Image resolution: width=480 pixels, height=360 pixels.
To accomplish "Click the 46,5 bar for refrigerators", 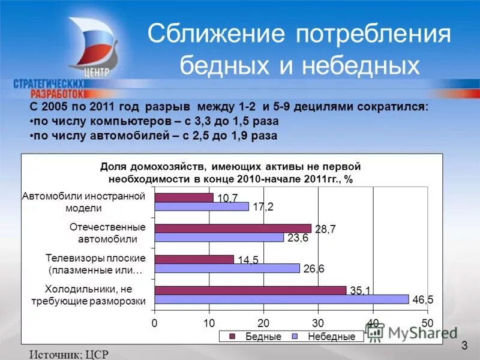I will [x=281, y=299].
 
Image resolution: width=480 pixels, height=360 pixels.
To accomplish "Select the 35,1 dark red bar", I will [x=250, y=290].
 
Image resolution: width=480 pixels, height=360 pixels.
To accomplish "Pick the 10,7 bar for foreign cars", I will [x=184, y=197].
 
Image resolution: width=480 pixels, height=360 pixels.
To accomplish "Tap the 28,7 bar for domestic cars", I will [x=233, y=228].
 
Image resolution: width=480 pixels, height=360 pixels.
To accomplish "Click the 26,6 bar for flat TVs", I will [x=227, y=268].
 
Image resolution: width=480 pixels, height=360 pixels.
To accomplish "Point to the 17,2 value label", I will [x=263, y=207].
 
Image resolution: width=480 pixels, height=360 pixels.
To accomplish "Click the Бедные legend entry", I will [x=258, y=337].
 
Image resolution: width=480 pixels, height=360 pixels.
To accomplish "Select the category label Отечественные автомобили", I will [x=108, y=233].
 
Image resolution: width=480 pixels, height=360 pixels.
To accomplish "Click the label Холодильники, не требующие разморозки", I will [x=88, y=295].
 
